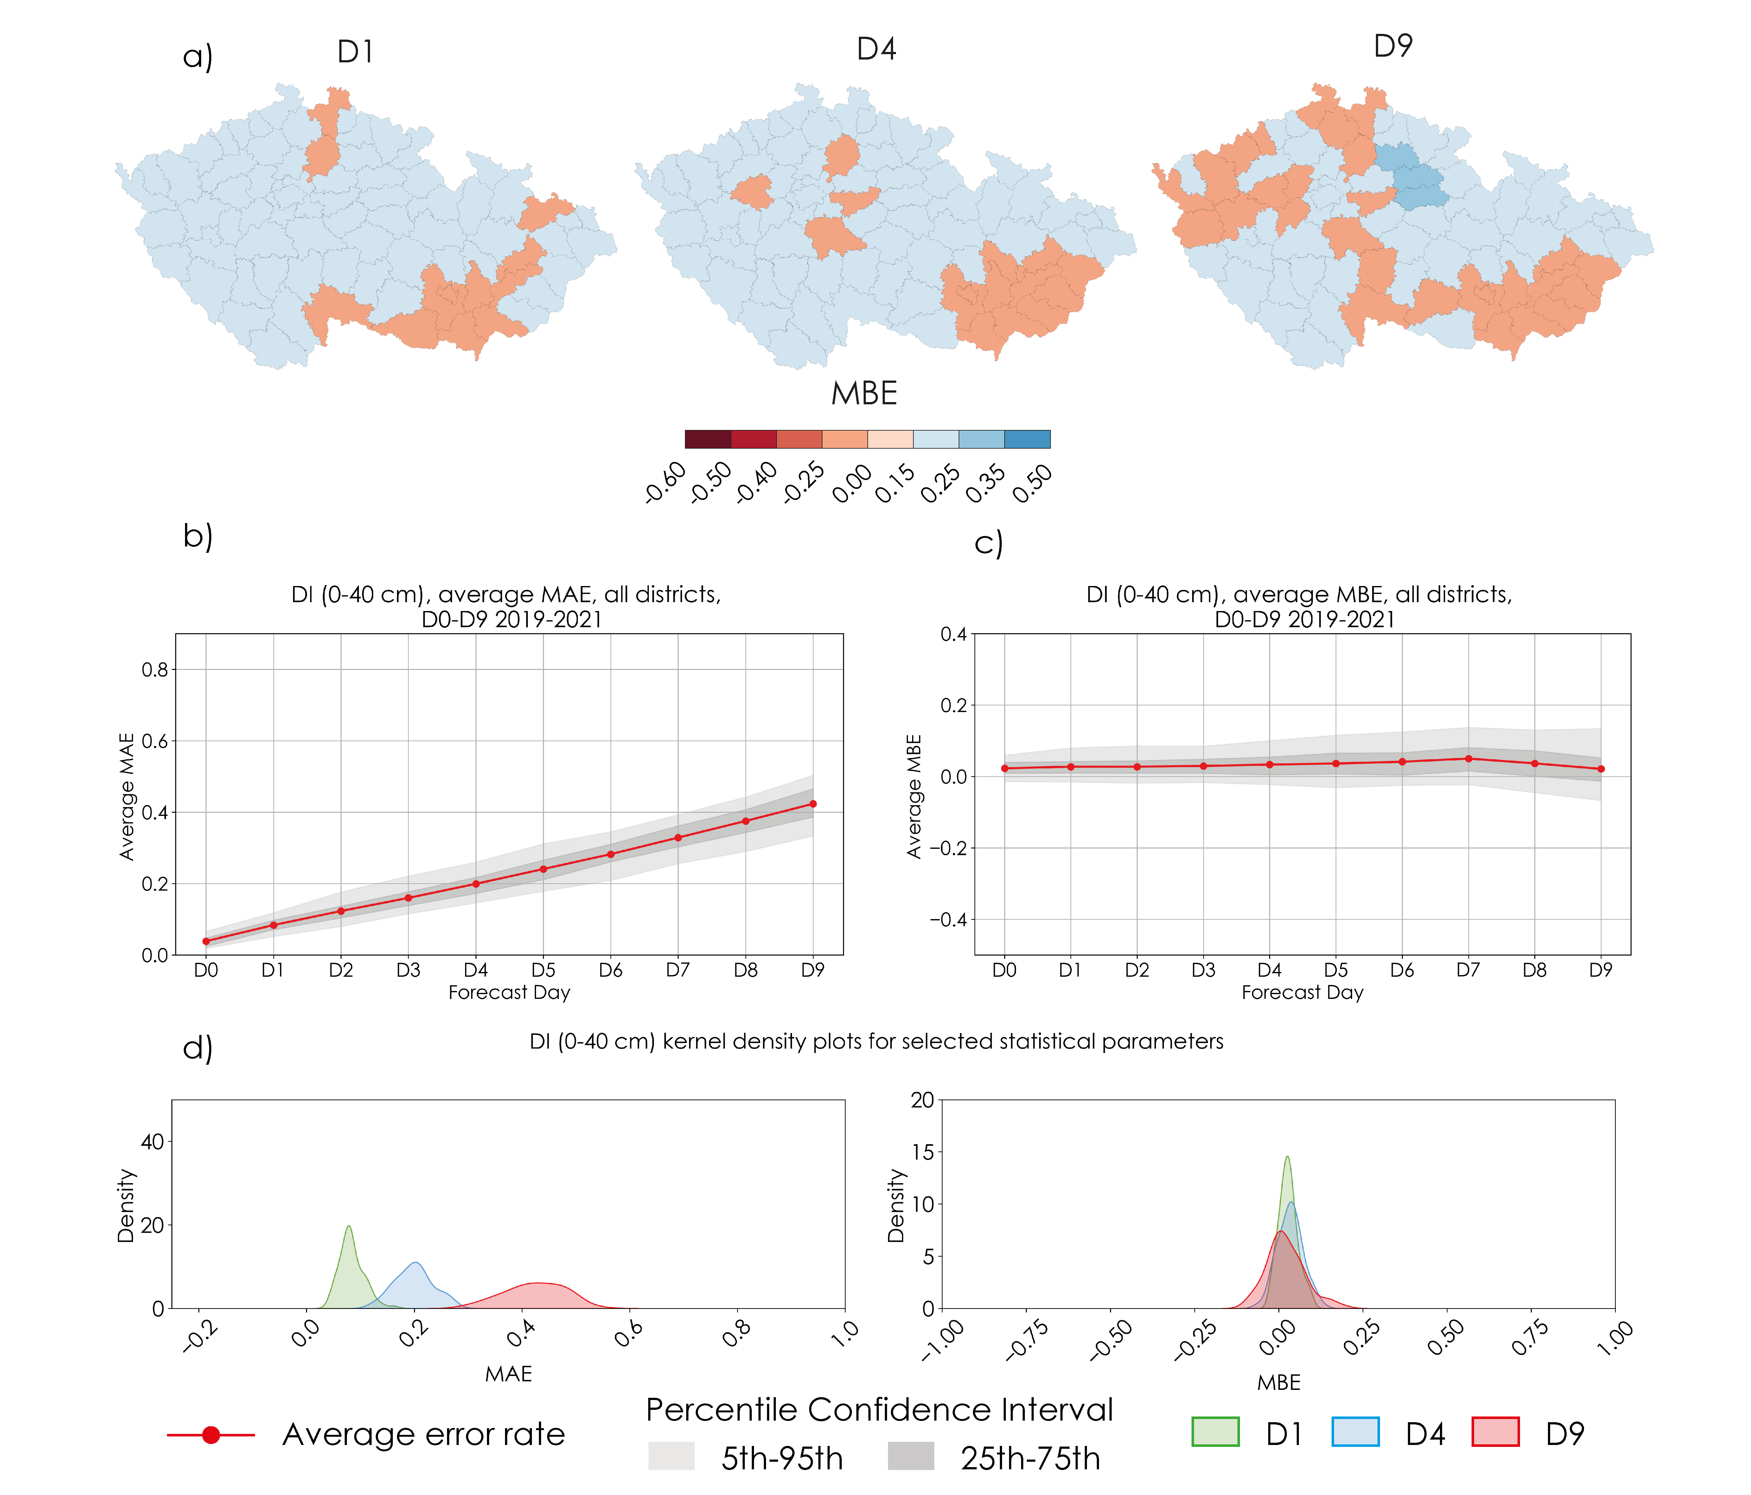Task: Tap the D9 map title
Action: [x=1393, y=46]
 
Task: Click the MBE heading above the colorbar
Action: [x=864, y=394]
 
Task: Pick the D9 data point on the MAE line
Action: [x=813, y=803]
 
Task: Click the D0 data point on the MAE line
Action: [x=206, y=941]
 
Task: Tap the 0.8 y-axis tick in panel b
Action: [x=155, y=670]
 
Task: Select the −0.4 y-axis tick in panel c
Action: [x=948, y=919]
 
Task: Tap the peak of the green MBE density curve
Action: [x=1287, y=1157]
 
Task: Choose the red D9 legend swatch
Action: [x=1495, y=1432]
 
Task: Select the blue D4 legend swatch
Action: [x=1355, y=1432]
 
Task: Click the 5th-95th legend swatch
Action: [x=671, y=1456]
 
